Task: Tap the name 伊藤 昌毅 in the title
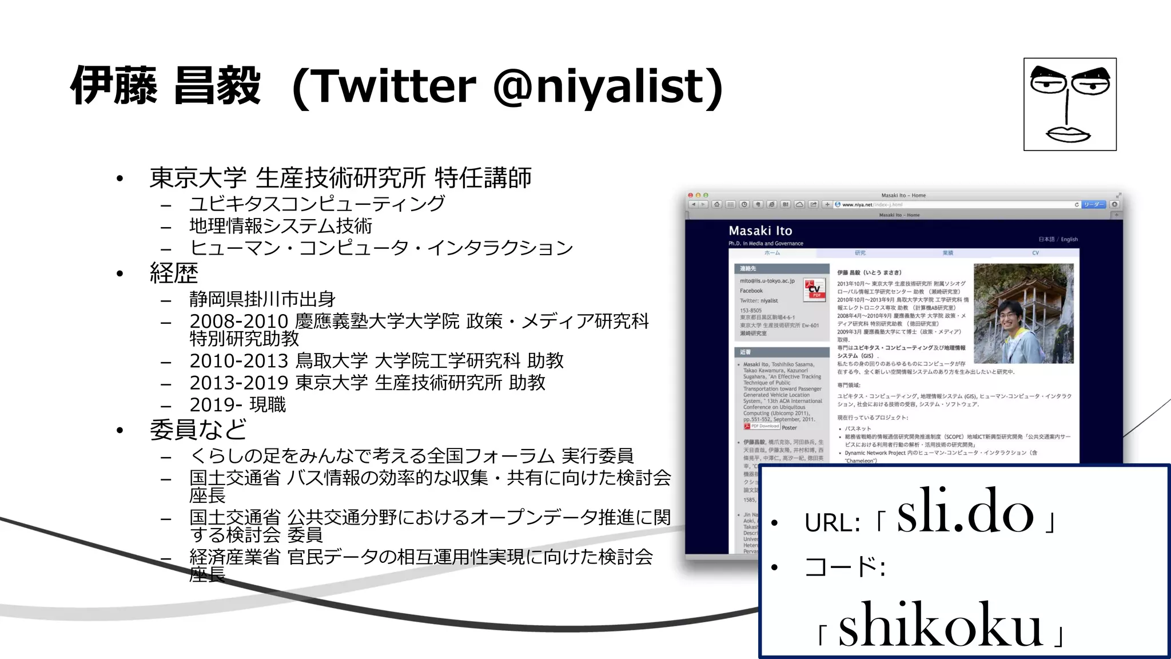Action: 165,86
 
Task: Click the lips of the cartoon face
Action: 1068,134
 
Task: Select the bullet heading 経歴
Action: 174,273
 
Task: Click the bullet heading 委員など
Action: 198,430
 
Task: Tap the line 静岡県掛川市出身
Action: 262,299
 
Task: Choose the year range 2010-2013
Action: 239,361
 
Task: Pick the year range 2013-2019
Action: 239,383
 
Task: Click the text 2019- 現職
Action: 238,405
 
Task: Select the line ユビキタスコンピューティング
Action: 317,203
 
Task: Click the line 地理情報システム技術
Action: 281,225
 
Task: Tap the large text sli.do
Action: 965,511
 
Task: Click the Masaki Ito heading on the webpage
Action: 760,231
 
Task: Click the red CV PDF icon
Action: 814,289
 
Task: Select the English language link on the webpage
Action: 1069,239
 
